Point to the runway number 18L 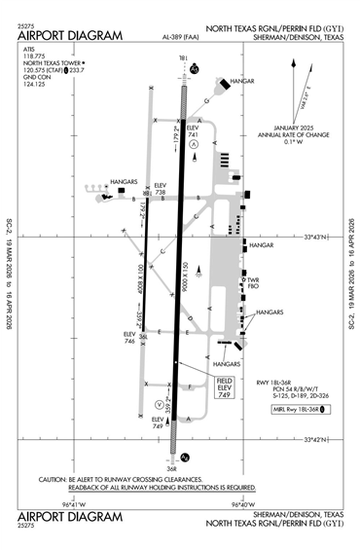click(x=184, y=58)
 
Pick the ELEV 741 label click(x=193, y=130)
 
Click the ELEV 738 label click(x=161, y=189)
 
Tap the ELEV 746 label click(x=128, y=337)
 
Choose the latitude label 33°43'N click(x=320, y=237)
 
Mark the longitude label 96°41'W click(x=76, y=504)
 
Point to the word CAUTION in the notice click(x=53, y=479)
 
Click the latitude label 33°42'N click(x=320, y=440)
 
